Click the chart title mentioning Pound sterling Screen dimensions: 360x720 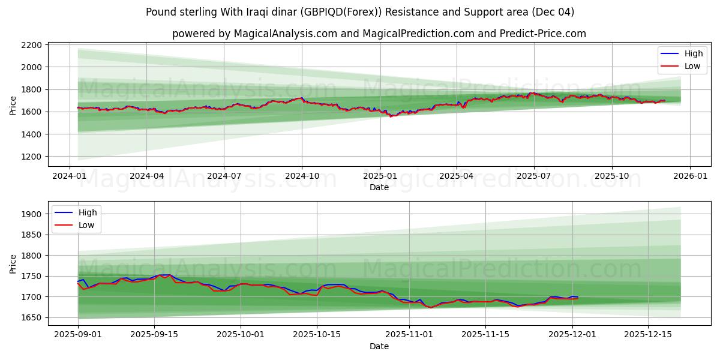(x=360, y=12)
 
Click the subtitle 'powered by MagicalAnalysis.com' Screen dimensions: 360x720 (x=379, y=34)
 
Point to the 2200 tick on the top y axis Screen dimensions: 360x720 (x=31, y=45)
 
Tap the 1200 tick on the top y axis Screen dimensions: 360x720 (x=31, y=157)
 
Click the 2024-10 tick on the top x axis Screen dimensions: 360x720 (x=301, y=176)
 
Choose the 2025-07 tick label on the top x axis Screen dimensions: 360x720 (x=534, y=176)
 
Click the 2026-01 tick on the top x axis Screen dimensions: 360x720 (x=689, y=176)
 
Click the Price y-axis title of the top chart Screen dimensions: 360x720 (x=13, y=104)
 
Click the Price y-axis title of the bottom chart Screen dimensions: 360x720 (x=13, y=263)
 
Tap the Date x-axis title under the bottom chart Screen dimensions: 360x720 (x=379, y=346)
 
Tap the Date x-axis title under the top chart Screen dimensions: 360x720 (x=379, y=187)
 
